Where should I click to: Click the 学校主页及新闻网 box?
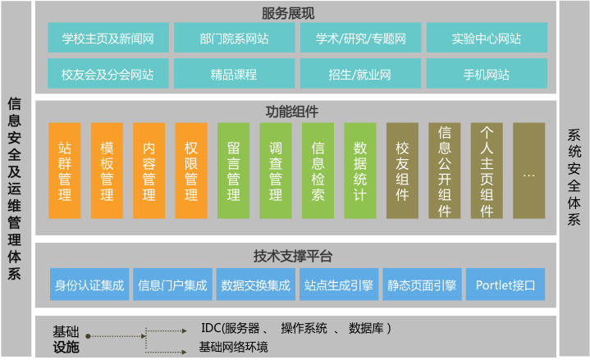pyautogui.click(x=108, y=38)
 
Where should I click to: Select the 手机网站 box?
pyautogui.click(x=487, y=73)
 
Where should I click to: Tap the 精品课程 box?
pyautogui.click(x=234, y=73)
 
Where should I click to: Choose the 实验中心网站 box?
pyautogui.click(x=487, y=38)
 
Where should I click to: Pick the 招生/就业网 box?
pyautogui.click(x=360, y=73)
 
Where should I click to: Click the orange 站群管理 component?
pyautogui.click(x=65, y=171)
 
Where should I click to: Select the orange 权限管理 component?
pyautogui.click(x=191, y=171)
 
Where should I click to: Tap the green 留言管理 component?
pyautogui.click(x=233, y=171)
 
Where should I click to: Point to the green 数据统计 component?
pyautogui.click(x=360, y=171)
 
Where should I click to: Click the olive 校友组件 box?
pyautogui.click(x=402, y=171)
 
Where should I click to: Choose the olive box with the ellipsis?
pyautogui.click(x=529, y=171)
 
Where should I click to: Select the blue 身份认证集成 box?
pyautogui.click(x=89, y=285)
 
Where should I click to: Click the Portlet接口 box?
pyautogui.click(x=505, y=285)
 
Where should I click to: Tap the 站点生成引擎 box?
pyautogui.click(x=339, y=285)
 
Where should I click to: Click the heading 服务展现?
pyautogui.click(x=288, y=14)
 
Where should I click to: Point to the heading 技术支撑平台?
pyautogui.click(x=293, y=256)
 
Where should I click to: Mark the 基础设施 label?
pyautogui.click(x=66, y=339)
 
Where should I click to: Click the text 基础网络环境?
pyautogui.click(x=233, y=347)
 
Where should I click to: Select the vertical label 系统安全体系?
pyautogui.click(x=574, y=177)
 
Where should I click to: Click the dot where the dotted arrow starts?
pyautogui.click(x=88, y=336)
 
